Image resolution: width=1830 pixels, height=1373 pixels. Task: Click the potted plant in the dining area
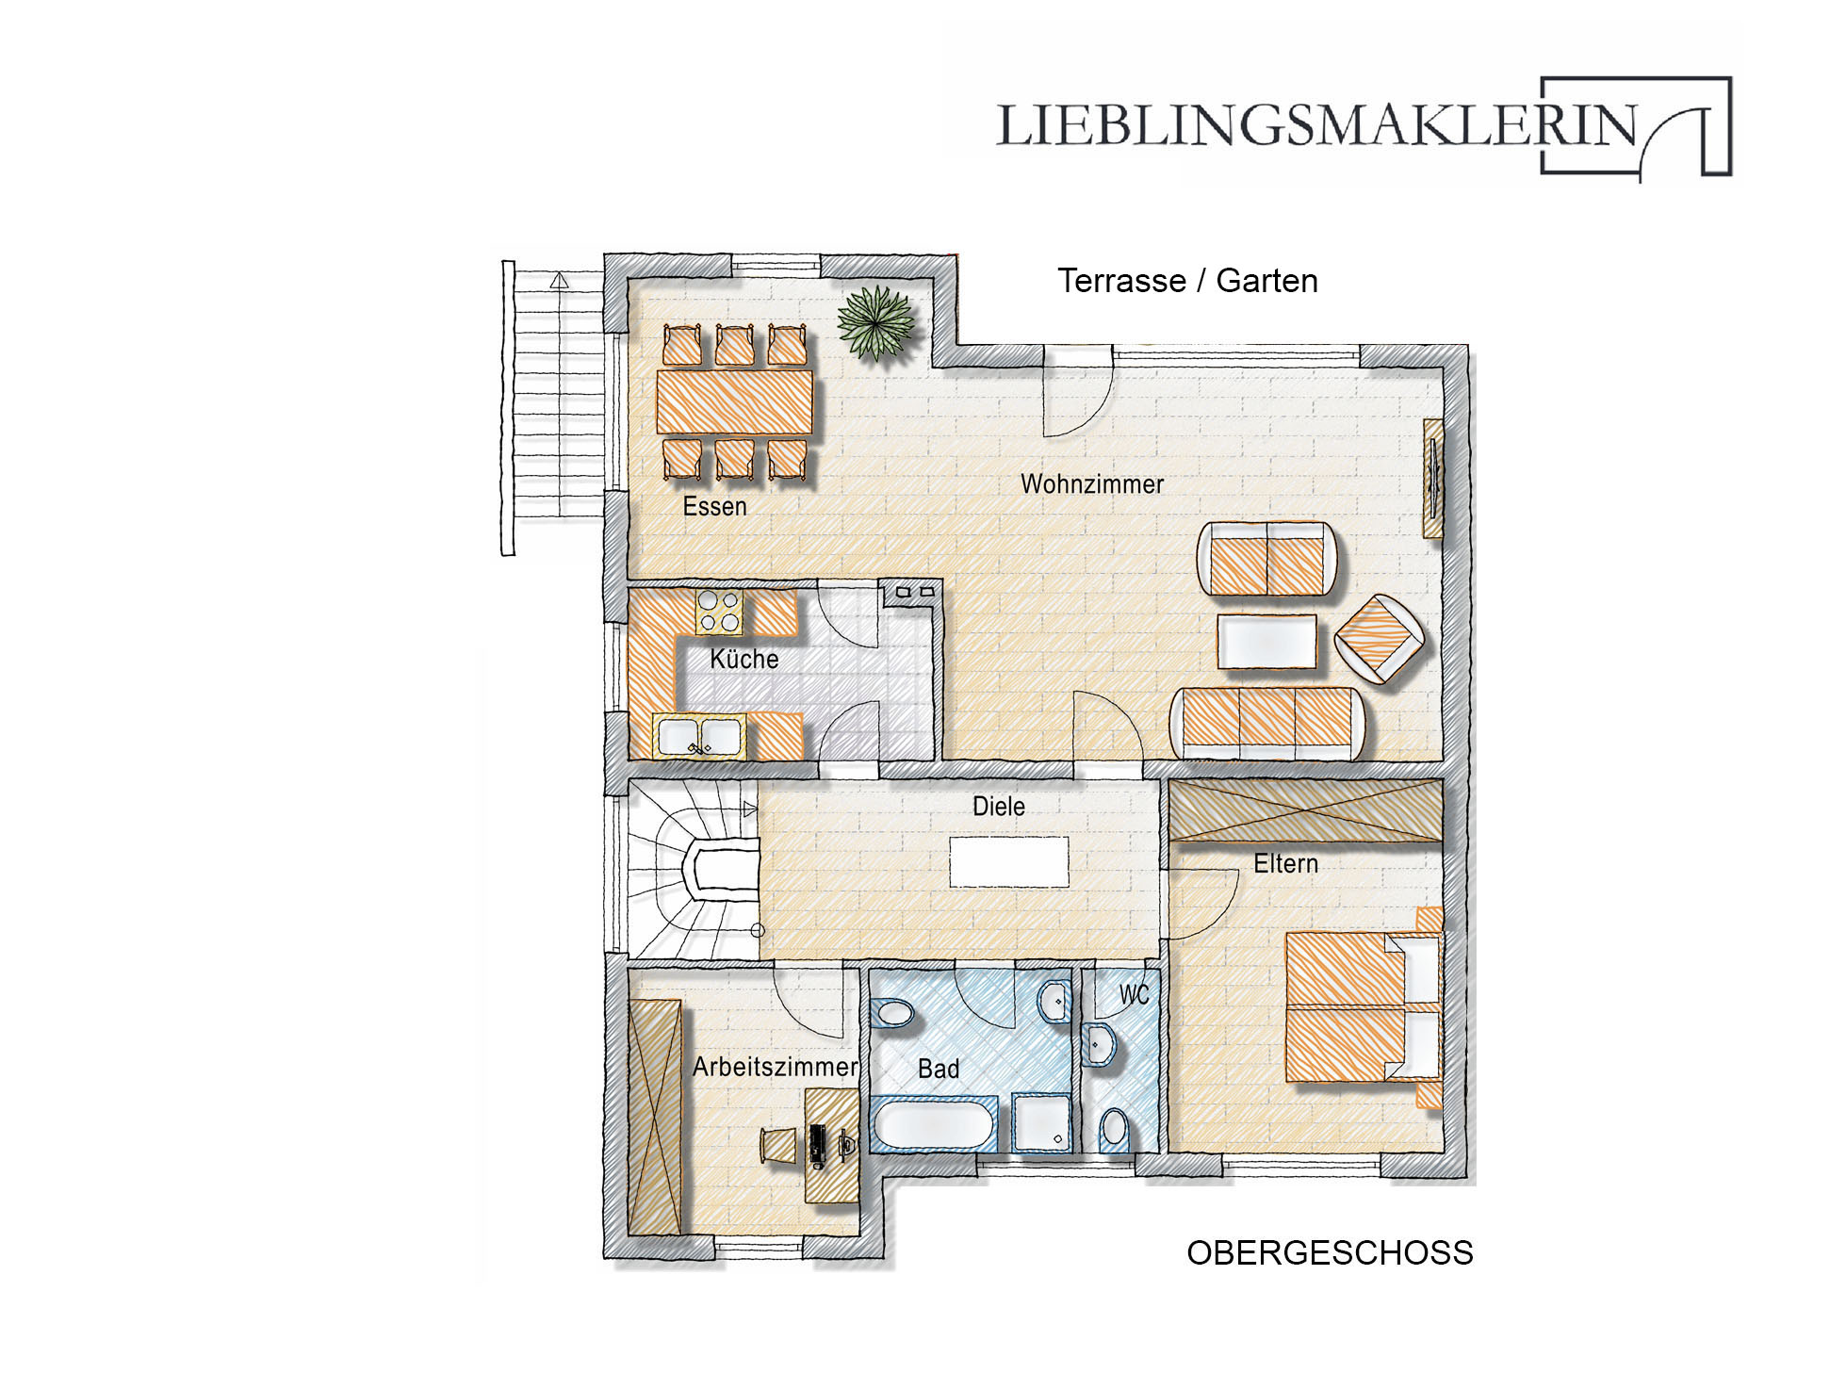click(876, 322)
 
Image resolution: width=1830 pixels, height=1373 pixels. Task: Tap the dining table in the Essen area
click(734, 400)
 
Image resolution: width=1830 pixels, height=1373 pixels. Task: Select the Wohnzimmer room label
click(1092, 484)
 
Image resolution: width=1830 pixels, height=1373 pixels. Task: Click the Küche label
click(744, 659)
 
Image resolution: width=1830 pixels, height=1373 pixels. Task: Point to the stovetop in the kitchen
click(719, 612)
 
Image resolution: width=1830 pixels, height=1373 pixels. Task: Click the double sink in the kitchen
click(699, 736)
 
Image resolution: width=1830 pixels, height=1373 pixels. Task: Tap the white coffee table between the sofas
click(1266, 641)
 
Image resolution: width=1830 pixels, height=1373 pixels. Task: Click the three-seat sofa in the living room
click(1266, 723)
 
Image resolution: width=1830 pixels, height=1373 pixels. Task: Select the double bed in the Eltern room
click(1364, 1006)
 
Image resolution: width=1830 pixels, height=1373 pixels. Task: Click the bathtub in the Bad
click(933, 1124)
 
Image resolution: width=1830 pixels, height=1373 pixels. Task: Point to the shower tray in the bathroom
click(1041, 1123)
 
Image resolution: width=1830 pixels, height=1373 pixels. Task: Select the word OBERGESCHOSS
click(1330, 1253)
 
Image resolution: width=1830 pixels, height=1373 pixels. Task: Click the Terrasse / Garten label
click(1187, 281)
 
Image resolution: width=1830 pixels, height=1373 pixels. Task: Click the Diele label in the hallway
click(999, 807)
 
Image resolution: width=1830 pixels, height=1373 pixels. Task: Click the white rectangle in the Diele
click(1009, 862)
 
